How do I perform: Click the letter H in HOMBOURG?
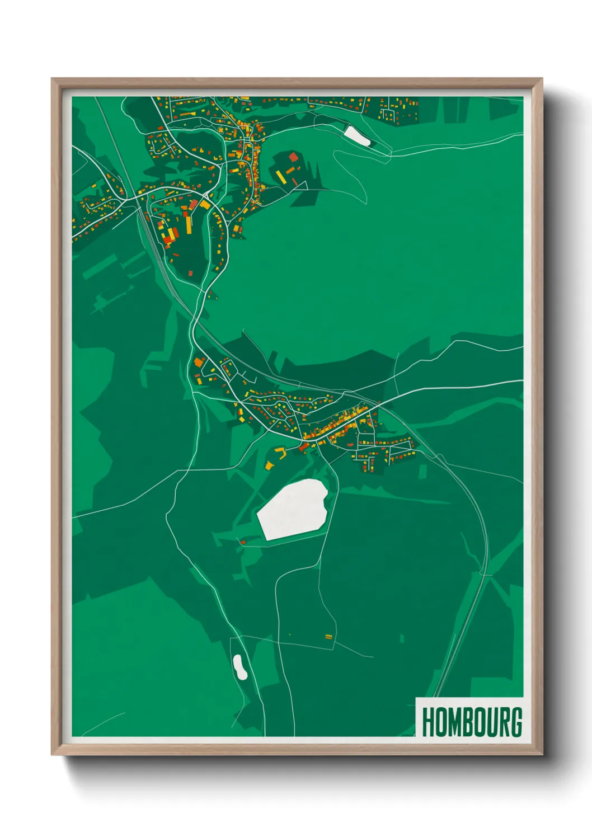[x=429, y=722]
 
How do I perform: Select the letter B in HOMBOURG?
[x=468, y=722]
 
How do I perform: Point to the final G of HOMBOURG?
[x=516, y=722]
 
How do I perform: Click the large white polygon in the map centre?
[x=293, y=509]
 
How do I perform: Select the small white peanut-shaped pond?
[x=240, y=667]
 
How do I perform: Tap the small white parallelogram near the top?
[x=356, y=135]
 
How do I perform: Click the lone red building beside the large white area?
[x=243, y=542]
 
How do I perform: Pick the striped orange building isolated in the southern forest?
[x=328, y=636]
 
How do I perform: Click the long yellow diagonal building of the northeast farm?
[x=281, y=177]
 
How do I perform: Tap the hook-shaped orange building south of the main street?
[x=280, y=452]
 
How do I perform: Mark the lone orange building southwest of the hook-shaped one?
[x=268, y=465]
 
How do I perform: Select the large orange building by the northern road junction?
[x=205, y=205]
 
